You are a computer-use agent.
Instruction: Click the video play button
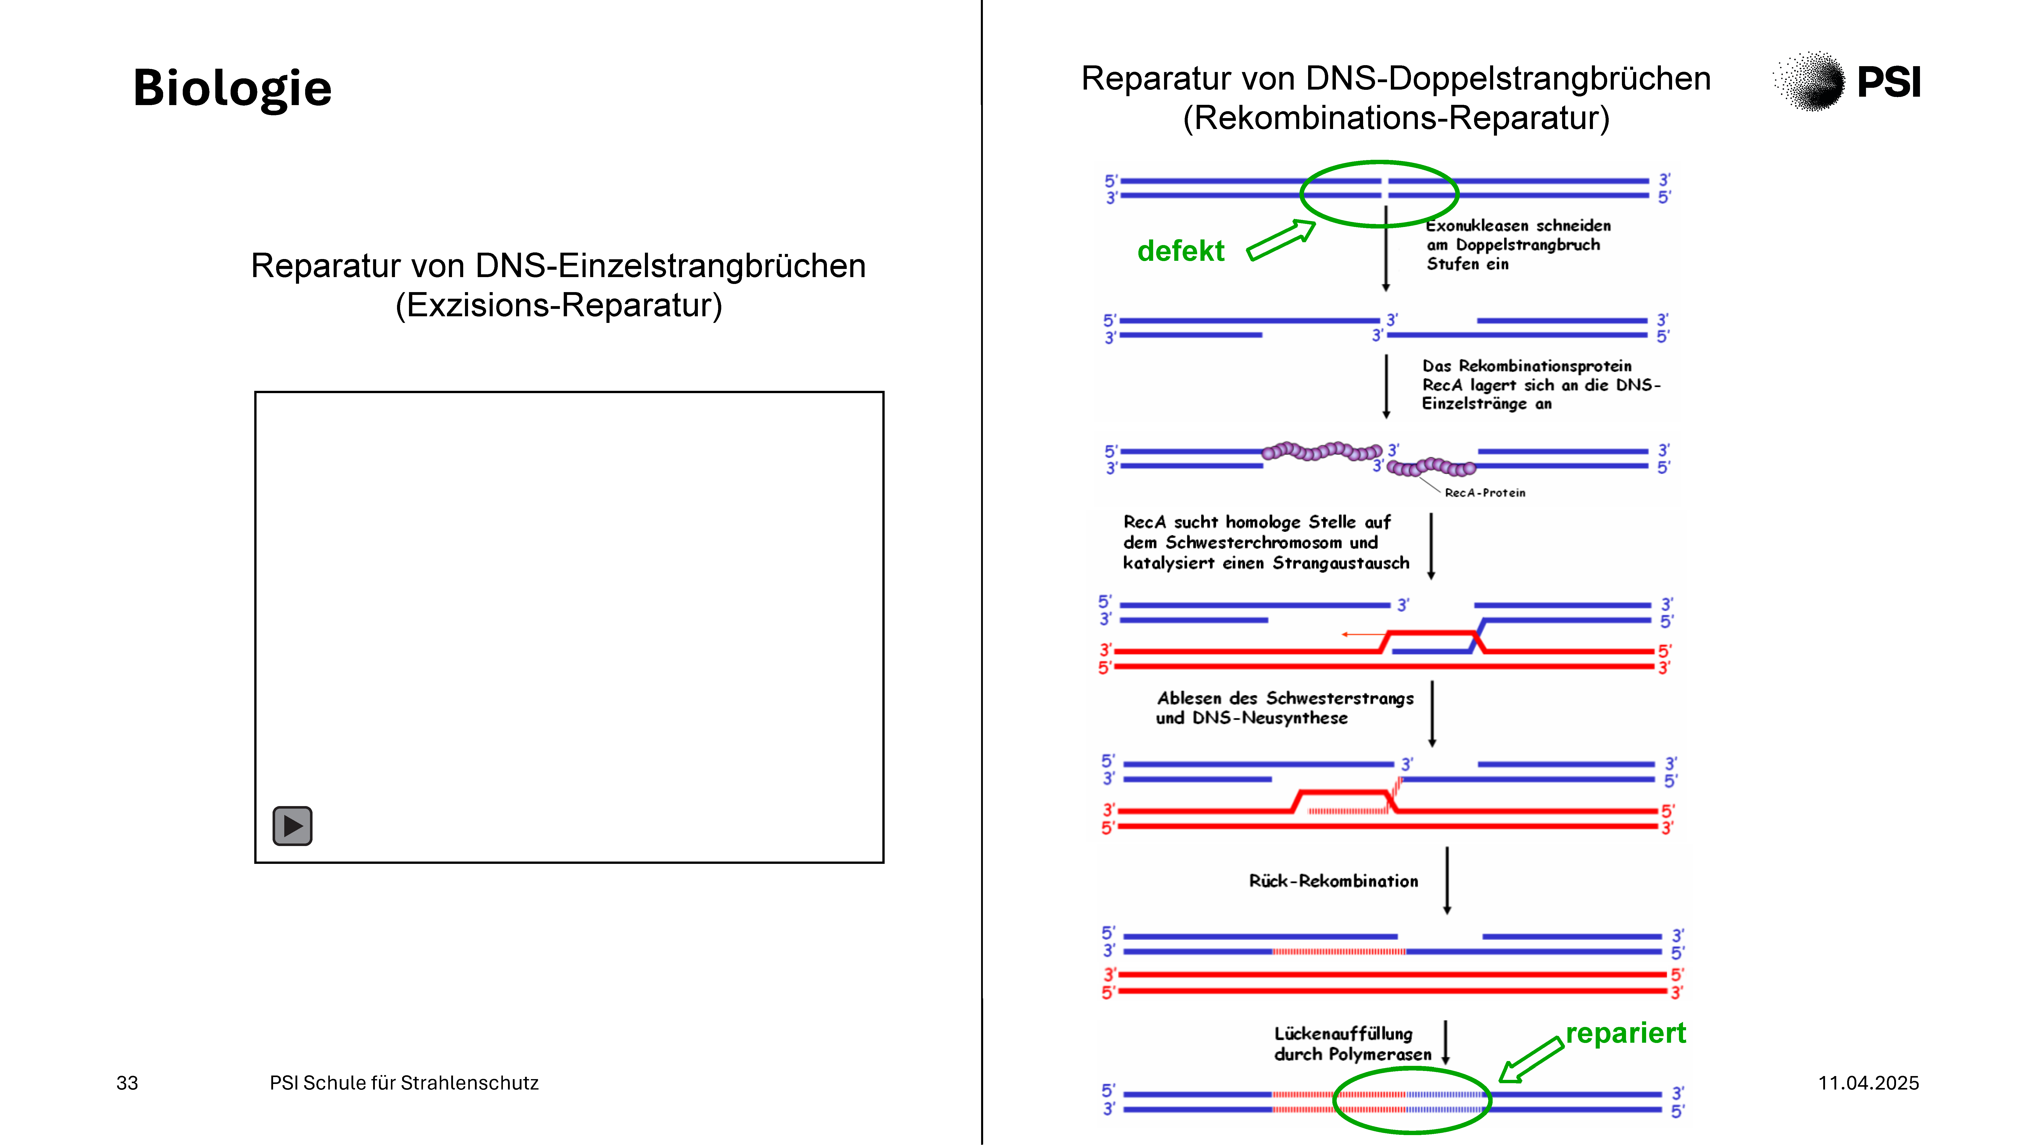click(x=292, y=826)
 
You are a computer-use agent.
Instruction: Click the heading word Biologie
click(x=232, y=89)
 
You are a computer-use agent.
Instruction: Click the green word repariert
click(x=1626, y=1033)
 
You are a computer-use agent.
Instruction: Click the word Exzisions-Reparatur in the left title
click(x=559, y=305)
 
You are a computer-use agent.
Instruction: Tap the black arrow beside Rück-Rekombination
click(x=1447, y=880)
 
